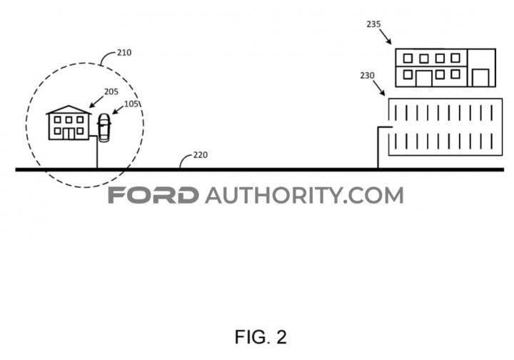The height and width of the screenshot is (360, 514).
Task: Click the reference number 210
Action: (124, 52)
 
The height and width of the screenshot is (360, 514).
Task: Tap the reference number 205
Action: (111, 91)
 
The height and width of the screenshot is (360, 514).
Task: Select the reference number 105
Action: (131, 104)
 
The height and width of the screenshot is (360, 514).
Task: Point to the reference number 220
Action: (201, 155)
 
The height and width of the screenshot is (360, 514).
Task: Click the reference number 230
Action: (367, 76)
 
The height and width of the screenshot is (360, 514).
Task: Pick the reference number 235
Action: (373, 24)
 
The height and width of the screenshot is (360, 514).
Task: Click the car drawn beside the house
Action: (104, 128)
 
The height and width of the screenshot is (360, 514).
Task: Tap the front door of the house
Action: (69, 134)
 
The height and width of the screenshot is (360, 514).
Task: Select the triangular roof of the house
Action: (69, 110)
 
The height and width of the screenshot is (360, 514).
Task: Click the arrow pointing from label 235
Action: (385, 36)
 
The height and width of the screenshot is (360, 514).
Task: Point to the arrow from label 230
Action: (379, 88)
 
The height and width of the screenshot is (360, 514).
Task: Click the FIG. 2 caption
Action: (261, 336)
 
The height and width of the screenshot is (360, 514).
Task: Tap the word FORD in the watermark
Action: (153, 195)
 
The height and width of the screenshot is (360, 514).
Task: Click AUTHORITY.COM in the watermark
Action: (304, 195)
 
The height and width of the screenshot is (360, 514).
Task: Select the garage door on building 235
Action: (480, 78)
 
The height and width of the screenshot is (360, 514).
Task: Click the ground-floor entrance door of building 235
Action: (424, 79)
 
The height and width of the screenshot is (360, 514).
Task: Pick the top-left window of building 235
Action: (408, 59)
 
